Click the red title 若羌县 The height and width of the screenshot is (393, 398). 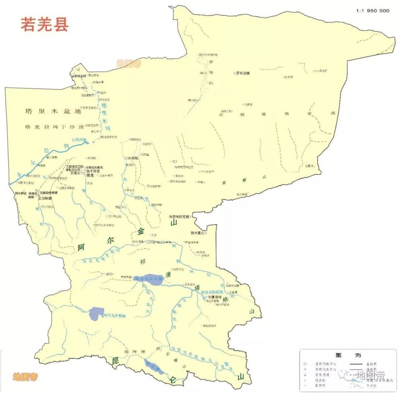pos(45,24)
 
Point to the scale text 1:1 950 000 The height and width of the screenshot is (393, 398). pos(373,11)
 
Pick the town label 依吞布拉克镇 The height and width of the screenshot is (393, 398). pos(180,217)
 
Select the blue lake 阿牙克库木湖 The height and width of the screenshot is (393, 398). pos(148,280)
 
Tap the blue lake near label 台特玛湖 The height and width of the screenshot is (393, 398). pos(92,142)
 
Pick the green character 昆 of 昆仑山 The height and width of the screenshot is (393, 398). pos(115,360)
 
